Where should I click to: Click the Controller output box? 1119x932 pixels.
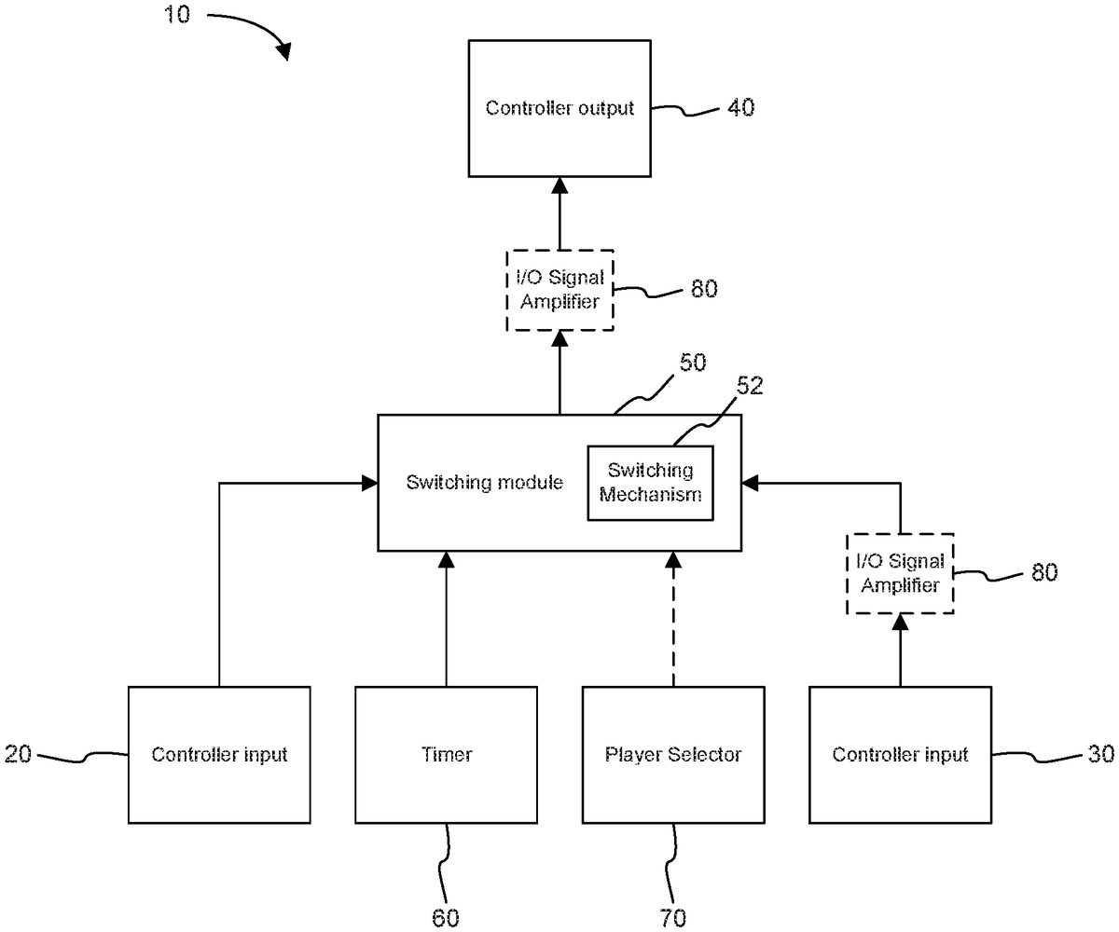coord(559,108)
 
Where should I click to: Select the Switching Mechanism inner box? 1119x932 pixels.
coord(650,483)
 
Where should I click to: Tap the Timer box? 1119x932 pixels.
coord(446,754)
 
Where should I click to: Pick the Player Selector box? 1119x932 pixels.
coord(673,754)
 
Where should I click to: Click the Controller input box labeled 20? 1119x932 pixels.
coord(219,754)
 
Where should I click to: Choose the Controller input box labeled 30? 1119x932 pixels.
coord(900,754)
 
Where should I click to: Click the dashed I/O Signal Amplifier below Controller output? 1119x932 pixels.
coord(560,289)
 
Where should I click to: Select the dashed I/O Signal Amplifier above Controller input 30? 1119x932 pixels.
coord(900,573)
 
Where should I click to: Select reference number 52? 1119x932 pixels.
coord(749,387)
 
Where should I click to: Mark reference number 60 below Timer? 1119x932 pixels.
coord(446,918)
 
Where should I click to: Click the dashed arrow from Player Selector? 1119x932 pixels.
coord(672,620)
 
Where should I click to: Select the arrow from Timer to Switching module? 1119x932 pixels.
coord(446,620)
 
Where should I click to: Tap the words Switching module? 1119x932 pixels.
coord(485,483)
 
